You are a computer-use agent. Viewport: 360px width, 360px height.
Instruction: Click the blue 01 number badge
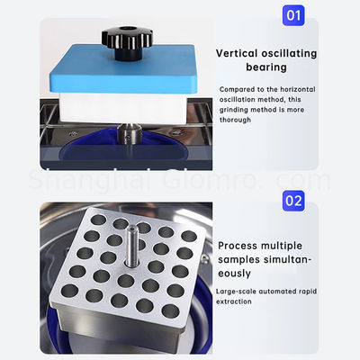point(293,16)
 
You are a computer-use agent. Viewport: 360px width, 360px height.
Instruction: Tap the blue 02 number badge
point(293,200)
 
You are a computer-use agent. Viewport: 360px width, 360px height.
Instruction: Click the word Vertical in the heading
point(237,53)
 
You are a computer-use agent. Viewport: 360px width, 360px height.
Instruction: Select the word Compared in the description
point(236,90)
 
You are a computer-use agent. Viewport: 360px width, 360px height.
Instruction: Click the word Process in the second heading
point(238,245)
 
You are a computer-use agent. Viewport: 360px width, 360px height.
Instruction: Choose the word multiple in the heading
point(292,245)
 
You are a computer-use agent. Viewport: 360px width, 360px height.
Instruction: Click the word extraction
point(235,301)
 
